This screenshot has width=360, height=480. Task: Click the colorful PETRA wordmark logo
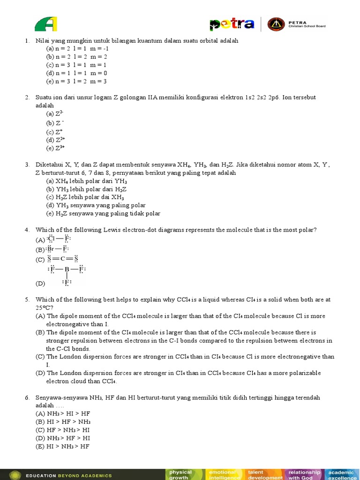click(232, 24)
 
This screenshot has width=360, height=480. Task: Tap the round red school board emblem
click(275, 24)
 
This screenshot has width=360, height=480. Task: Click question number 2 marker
click(27, 97)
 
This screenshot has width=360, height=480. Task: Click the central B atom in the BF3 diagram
click(67, 269)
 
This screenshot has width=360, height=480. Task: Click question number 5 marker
click(27, 299)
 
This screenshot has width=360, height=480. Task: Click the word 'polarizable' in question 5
click(301, 373)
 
